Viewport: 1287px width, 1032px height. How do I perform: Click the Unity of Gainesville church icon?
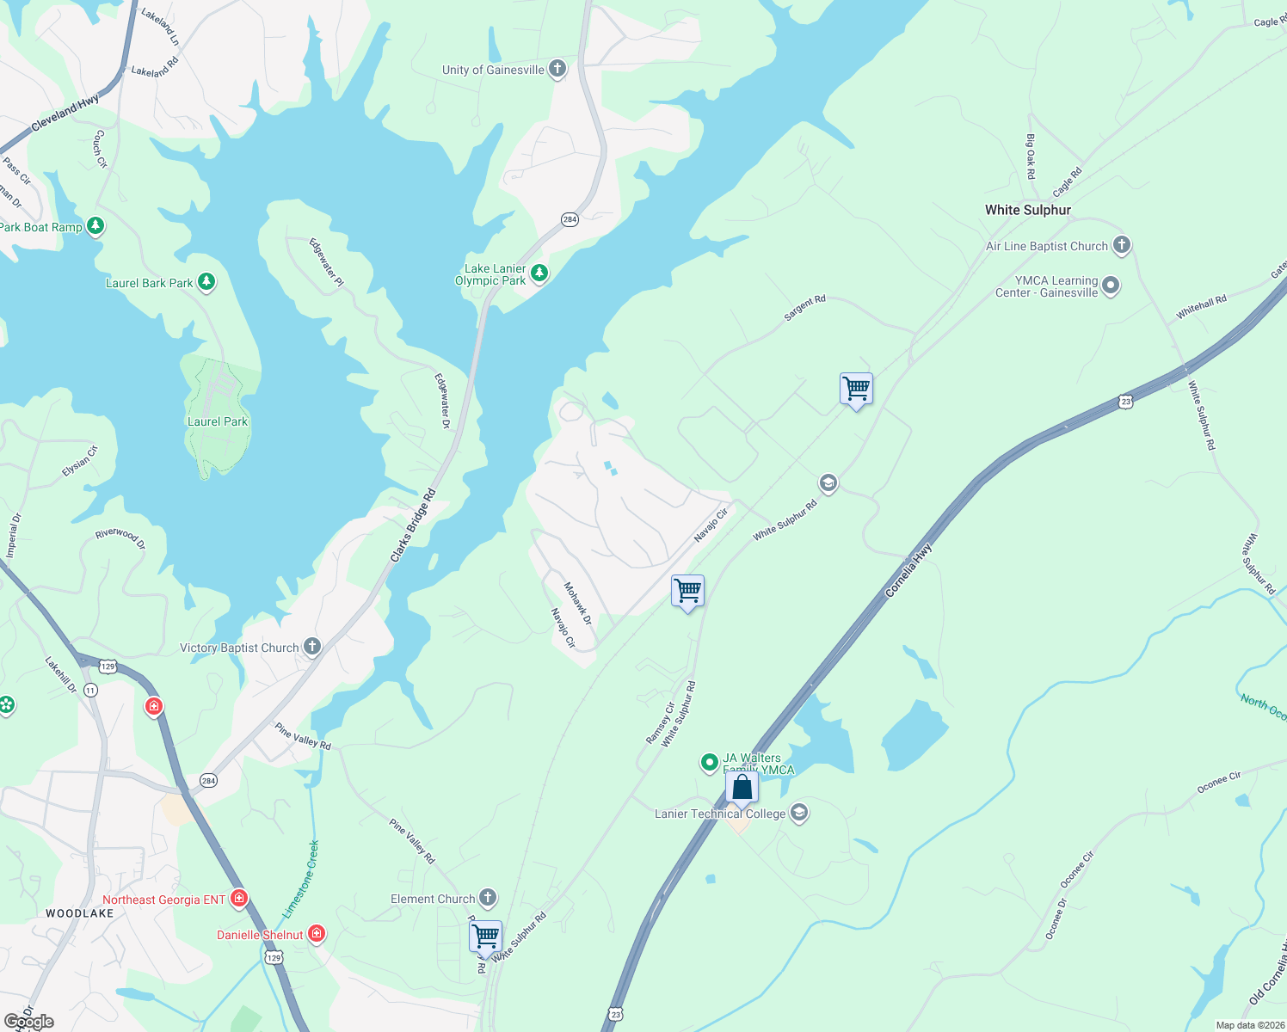click(x=557, y=69)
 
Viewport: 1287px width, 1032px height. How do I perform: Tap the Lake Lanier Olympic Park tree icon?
click(x=539, y=273)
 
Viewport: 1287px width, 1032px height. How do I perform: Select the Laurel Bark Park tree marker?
click(x=206, y=281)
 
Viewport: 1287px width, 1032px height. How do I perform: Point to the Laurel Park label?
click(x=218, y=421)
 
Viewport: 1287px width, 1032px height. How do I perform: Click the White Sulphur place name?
click(x=1028, y=210)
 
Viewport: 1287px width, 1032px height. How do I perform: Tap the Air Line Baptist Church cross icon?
click(x=1121, y=245)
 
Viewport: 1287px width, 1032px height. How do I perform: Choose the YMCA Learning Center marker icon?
click(x=1111, y=286)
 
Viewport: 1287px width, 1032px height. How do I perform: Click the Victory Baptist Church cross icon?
click(x=312, y=647)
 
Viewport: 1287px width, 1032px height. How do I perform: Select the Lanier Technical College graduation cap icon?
click(x=799, y=813)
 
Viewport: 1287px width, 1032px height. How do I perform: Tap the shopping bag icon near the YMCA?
click(x=742, y=787)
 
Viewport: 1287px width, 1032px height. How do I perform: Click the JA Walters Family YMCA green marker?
click(x=709, y=762)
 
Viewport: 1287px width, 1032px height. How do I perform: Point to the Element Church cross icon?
click(x=488, y=899)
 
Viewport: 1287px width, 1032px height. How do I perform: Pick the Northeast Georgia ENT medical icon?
click(x=239, y=899)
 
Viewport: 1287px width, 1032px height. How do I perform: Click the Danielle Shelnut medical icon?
click(x=317, y=934)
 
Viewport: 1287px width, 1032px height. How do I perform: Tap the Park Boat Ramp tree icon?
click(x=95, y=226)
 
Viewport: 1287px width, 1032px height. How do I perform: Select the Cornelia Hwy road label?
click(x=908, y=571)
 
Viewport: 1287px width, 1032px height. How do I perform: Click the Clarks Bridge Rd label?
click(x=414, y=526)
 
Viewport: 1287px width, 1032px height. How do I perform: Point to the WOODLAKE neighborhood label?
click(x=79, y=913)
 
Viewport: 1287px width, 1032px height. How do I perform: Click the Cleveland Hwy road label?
click(x=65, y=114)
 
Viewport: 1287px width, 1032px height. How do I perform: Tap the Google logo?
click(x=29, y=1022)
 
